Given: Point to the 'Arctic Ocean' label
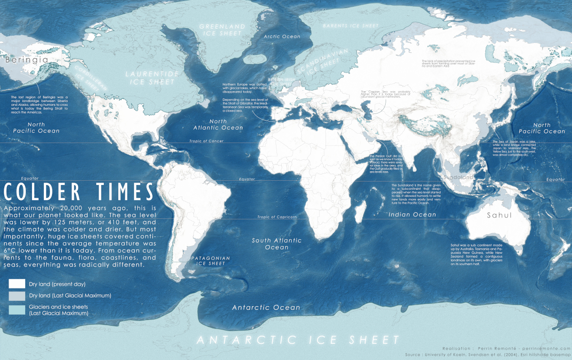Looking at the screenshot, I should point(283,36).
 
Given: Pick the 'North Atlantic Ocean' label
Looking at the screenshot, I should point(218,124).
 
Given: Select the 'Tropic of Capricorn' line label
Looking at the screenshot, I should point(277,216).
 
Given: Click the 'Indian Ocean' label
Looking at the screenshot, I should point(412,215).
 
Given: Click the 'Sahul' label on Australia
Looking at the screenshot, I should point(499,216).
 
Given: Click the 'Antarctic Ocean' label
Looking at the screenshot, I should point(266,308).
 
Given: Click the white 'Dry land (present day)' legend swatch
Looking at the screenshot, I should point(17,284).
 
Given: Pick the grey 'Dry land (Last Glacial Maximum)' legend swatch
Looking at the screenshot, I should point(17,296).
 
